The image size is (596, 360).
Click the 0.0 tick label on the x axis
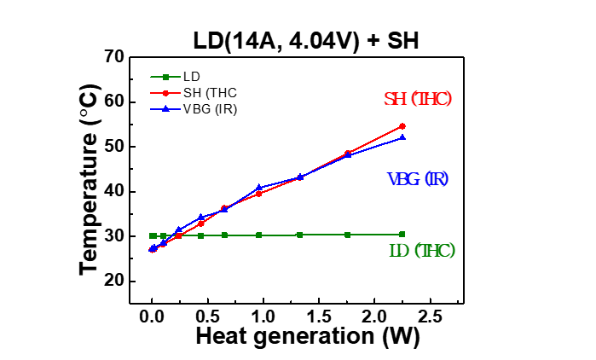click(152, 315)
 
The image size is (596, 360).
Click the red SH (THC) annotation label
click(418, 99)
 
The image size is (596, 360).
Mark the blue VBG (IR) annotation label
click(418, 179)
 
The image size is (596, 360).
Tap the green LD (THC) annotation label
click(421, 251)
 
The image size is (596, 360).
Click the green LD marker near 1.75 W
click(347, 235)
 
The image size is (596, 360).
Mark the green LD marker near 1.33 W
click(299, 235)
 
